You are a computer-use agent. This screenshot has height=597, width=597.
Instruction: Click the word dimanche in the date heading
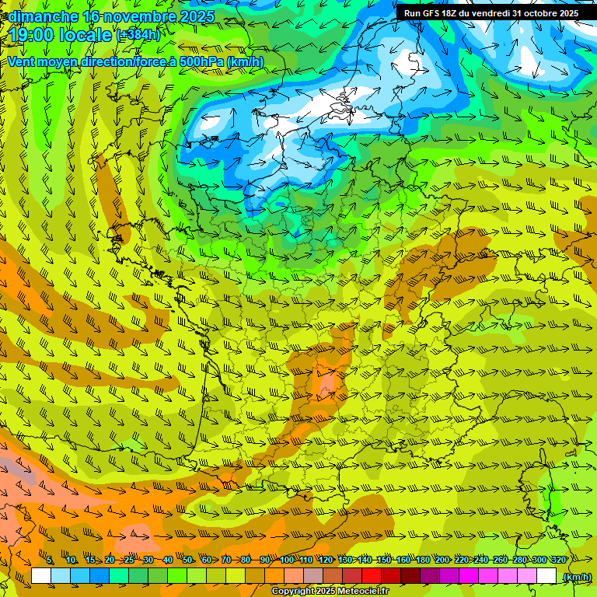(x=43, y=16)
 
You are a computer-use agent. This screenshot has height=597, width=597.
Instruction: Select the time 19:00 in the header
(x=33, y=35)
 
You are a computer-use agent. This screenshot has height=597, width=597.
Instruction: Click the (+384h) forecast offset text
(x=138, y=35)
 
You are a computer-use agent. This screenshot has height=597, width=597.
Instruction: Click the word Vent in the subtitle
(x=23, y=62)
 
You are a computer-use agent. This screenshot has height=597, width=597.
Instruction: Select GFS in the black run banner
(x=433, y=13)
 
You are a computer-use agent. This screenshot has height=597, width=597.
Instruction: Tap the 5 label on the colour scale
(x=50, y=560)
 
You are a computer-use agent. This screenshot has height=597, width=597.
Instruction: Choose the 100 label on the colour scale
(x=287, y=560)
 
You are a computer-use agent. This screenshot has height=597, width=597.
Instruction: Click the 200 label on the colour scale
(x=443, y=560)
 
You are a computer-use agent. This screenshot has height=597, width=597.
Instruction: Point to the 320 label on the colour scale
(x=558, y=560)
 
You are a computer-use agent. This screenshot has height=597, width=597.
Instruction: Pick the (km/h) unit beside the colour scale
(x=576, y=577)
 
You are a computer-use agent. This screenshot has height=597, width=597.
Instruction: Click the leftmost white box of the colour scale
(x=41, y=576)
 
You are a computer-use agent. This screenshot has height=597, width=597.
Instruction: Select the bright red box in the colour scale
(x=372, y=576)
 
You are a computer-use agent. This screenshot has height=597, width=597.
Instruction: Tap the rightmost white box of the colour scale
(x=546, y=576)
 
